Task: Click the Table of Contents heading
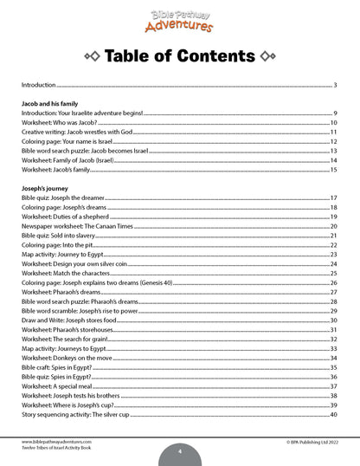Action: click(179, 57)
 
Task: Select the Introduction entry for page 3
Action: click(38, 86)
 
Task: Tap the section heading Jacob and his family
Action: click(53, 104)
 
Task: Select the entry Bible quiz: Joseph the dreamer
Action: click(65, 198)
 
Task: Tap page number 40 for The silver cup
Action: click(333, 413)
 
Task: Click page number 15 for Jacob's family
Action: click(333, 170)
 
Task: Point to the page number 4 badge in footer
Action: click(179, 450)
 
